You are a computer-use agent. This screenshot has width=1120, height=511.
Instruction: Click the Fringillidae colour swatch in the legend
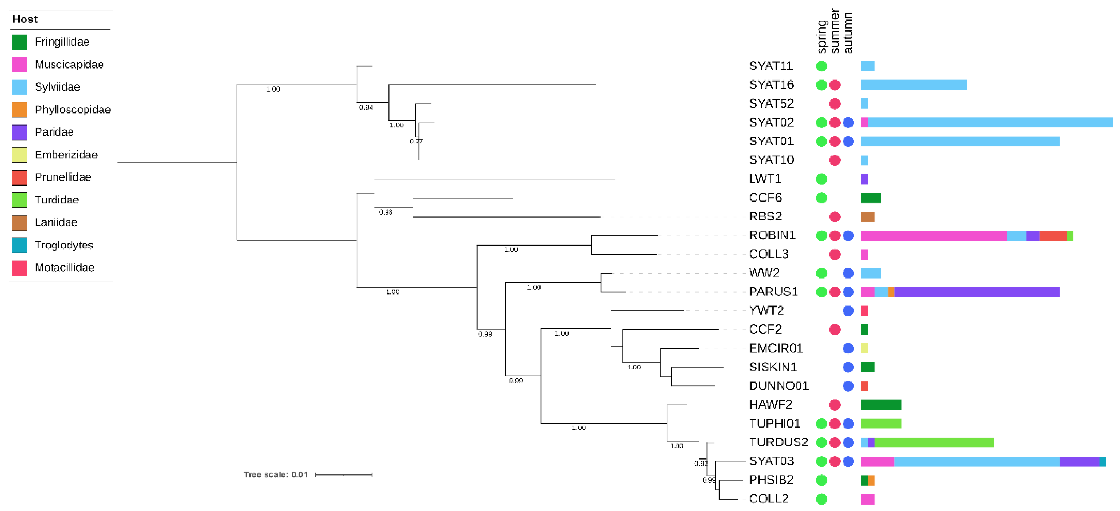click(19, 42)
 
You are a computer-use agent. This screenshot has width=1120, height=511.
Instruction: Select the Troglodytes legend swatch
click(19, 245)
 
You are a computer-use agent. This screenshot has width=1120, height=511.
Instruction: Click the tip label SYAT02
click(771, 123)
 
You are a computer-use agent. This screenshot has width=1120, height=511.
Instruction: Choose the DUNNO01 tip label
click(778, 386)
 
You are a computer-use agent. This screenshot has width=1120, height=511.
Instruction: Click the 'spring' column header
click(821, 37)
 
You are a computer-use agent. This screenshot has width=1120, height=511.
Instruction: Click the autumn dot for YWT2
click(848, 311)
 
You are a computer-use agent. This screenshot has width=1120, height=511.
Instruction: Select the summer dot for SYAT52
click(834, 104)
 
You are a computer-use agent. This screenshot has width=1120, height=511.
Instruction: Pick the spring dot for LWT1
click(821, 179)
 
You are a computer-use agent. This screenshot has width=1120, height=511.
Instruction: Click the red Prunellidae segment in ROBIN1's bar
click(1053, 236)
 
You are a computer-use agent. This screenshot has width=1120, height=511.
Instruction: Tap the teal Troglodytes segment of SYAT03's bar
click(1103, 461)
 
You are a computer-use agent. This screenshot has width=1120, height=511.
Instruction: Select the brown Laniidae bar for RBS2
click(867, 217)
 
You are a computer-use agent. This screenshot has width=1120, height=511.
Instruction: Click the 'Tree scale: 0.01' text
click(275, 474)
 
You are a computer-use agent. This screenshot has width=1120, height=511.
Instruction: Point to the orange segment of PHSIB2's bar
click(871, 480)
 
